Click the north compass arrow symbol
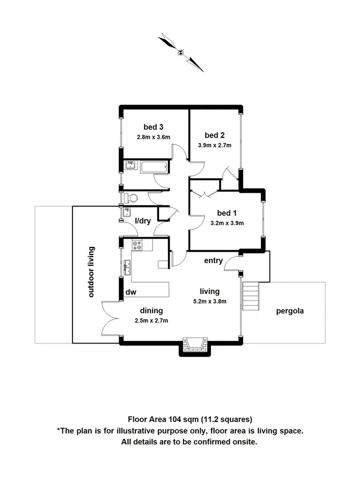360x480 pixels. click(181, 52)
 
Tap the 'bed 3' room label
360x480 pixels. click(153, 127)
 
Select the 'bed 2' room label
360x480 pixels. click(214, 135)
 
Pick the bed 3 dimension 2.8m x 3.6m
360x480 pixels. click(153, 137)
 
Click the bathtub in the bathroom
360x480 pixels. click(155, 167)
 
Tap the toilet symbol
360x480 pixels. click(130, 198)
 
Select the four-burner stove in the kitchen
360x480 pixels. click(137, 245)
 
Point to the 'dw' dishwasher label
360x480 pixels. click(130, 292)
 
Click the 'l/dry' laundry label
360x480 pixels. click(142, 220)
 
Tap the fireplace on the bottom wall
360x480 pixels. click(194, 345)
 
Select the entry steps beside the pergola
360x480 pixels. click(250, 296)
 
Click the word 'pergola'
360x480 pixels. click(290, 311)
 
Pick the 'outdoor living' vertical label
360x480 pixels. click(91, 271)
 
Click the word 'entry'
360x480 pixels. click(213, 261)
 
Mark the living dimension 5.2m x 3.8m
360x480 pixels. click(210, 301)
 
